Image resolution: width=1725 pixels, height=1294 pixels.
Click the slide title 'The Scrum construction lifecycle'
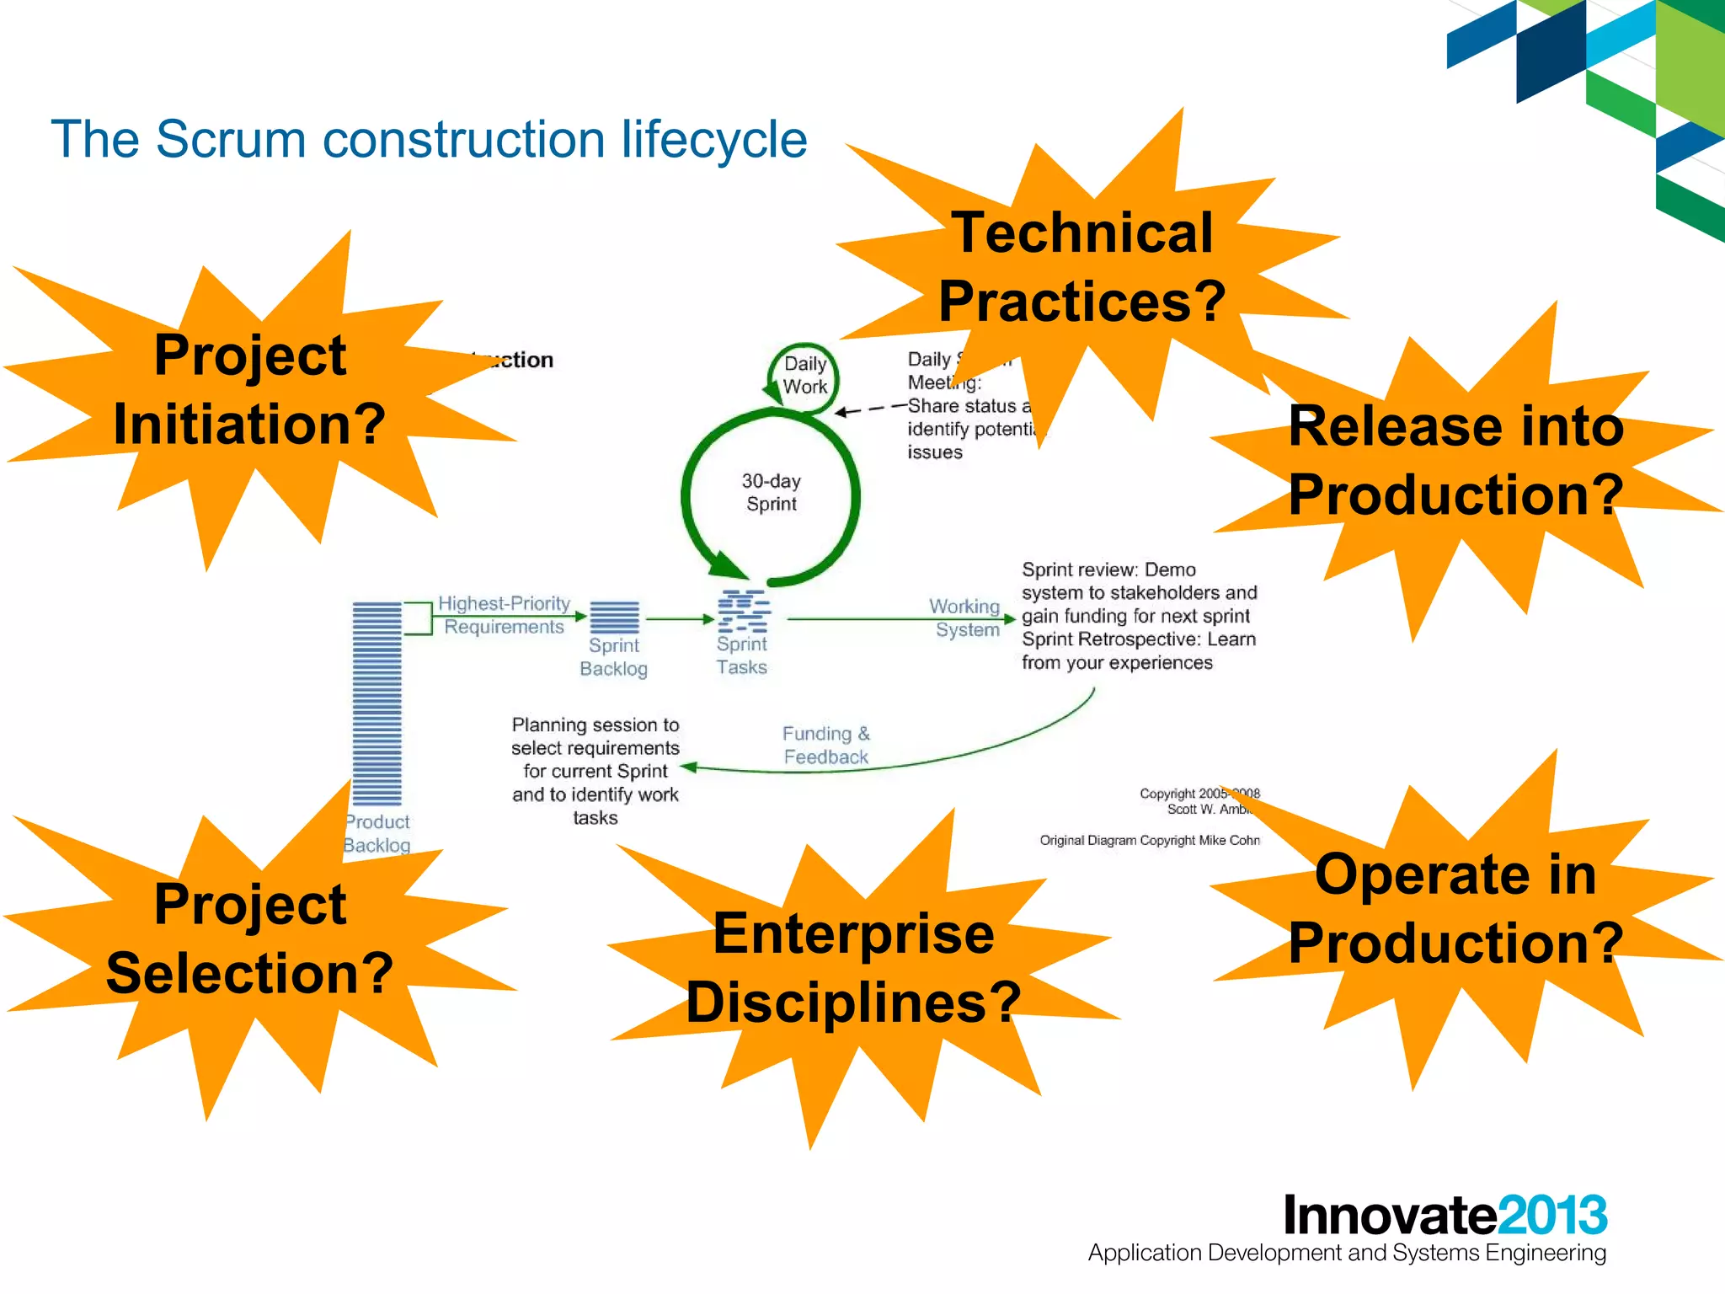pyautogui.click(x=429, y=139)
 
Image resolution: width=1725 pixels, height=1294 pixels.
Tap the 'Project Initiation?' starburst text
pyautogui.click(x=249, y=389)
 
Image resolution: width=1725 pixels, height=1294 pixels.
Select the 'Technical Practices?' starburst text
pyautogui.click(x=1082, y=266)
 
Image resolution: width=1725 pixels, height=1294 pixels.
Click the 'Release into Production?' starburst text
pyautogui.click(x=1455, y=460)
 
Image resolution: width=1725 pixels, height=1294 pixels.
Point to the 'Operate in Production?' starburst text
pyautogui.click(x=1455, y=908)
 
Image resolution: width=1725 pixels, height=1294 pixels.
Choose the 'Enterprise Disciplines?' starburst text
pyautogui.click(x=853, y=968)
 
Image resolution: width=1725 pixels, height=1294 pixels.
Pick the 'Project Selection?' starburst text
pyautogui.click(x=249, y=938)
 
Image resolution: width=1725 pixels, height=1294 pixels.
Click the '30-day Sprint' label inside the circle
pyautogui.click(x=771, y=493)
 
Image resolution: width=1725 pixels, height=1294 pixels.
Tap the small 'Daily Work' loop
pyautogui.click(x=804, y=376)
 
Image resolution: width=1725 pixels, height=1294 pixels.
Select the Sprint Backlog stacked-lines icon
pyautogui.click(x=614, y=618)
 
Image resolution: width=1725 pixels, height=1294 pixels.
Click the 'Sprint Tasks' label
pyautogui.click(x=741, y=656)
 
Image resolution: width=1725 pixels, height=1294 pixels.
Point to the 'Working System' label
pyautogui.click(x=965, y=618)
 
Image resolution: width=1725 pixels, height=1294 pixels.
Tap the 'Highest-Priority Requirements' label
pyautogui.click(x=504, y=615)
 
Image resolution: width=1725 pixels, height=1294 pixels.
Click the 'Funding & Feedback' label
pyautogui.click(x=825, y=746)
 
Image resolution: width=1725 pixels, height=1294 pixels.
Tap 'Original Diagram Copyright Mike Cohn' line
pyautogui.click(x=1149, y=840)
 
